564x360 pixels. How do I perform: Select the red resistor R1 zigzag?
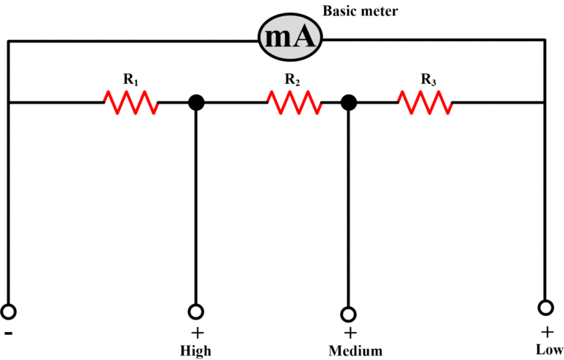point(131,103)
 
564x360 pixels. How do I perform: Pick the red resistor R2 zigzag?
point(293,103)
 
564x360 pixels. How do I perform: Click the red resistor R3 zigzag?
point(425,103)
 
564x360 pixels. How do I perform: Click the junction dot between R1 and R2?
point(196,103)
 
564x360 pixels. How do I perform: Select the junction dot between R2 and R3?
point(350,103)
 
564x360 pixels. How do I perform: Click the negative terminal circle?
point(8,312)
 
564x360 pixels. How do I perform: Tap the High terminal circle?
point(196,312)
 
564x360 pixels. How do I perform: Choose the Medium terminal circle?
point(349,314)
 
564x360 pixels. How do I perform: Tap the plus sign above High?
point(196,331)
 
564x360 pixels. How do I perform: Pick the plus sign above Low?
point(547,330)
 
